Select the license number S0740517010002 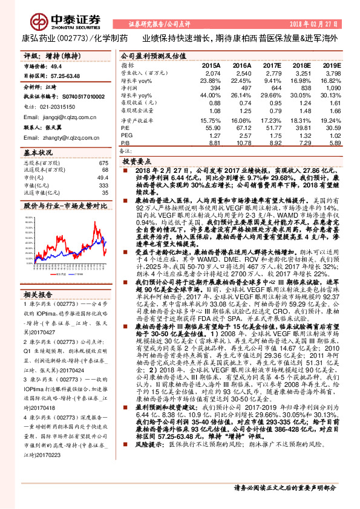point(79,95)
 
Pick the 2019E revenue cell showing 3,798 point(332,71)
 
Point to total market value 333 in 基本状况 point(103,186)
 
